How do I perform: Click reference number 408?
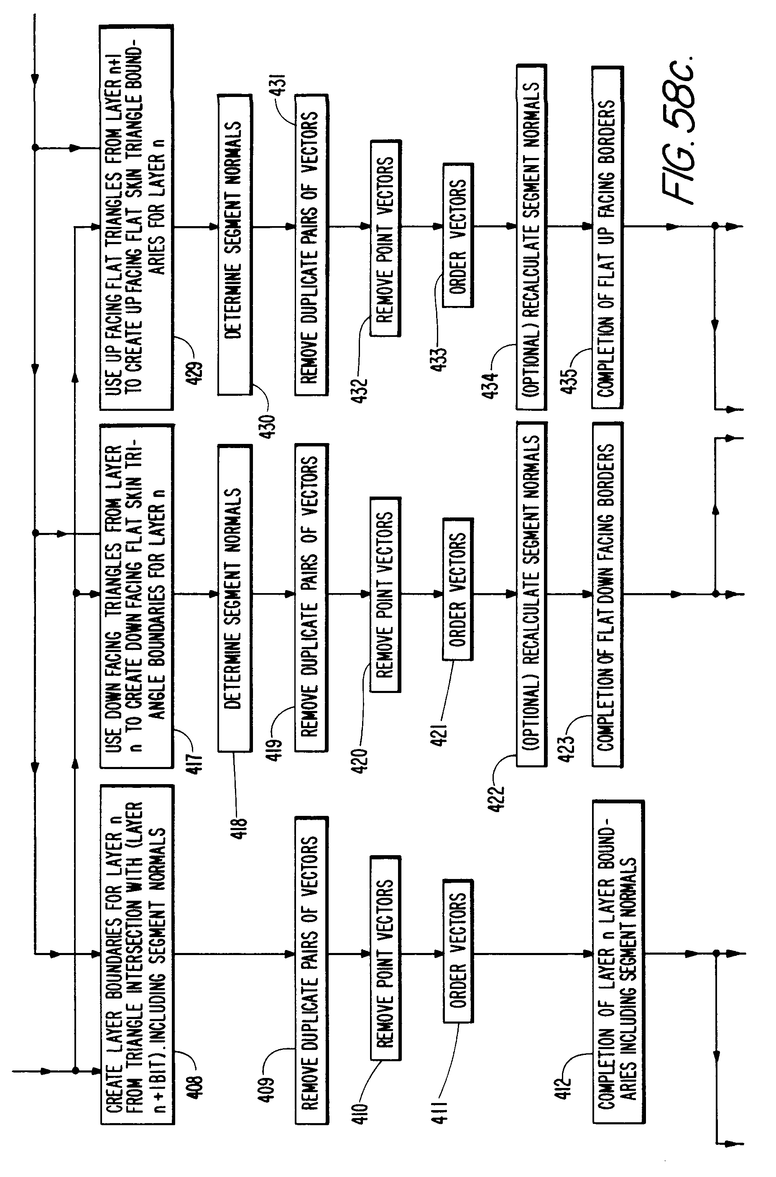coord(197,1088)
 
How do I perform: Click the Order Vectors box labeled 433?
coord(458,235)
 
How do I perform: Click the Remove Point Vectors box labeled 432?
coord(385,239)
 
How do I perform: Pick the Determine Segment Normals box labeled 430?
coord(235,245)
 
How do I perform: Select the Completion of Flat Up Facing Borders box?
coord(607,237)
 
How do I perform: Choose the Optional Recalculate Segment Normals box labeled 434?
coord(531,237)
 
